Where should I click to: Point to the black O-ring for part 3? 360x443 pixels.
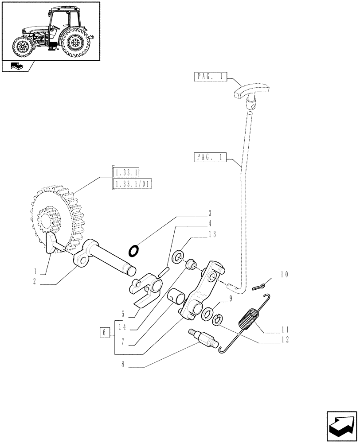[133, 251]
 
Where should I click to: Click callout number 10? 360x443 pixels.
[284, 275]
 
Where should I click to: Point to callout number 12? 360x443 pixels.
[284, 340]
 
